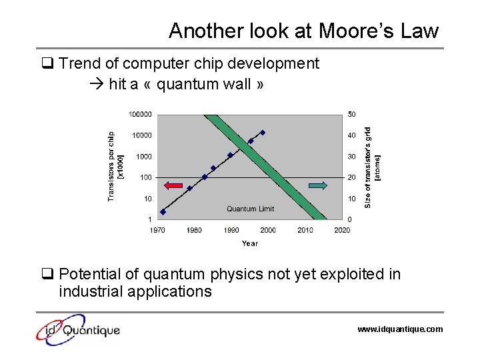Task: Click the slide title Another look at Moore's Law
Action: [x=303, y=31]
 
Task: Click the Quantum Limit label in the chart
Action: [x=250, y=209]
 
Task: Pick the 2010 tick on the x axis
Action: [x=305, y=230]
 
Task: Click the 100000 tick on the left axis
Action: [x=140, y=114]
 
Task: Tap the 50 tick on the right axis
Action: [x=351, y=114]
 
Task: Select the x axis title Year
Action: [x=249, y=243]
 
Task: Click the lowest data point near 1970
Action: [x=163, y=212]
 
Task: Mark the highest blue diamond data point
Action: [x=263, y=133]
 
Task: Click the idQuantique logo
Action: [x=78, y=329]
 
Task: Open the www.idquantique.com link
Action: [x=399, y=329]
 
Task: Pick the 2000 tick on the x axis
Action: [x=268, y=230]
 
